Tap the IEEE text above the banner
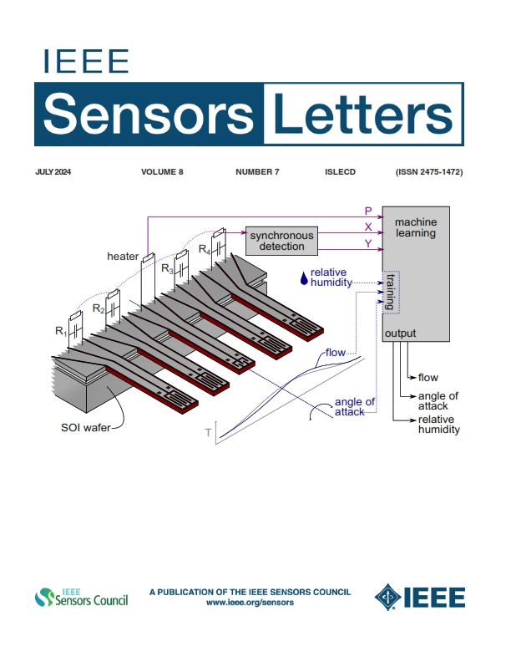pyautogui.click(x=85, y=62)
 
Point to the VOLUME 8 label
pyautogui.click(x=162, y=172)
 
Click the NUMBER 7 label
pyautogui.click(x=257, y=172)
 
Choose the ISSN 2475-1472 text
pyautogui.click(x=429, y=172)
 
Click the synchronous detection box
pyautogui.click(x=282, y=242)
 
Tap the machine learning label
pyautogui.click(x=416, y=228)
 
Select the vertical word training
pyautogui.click(x=390, y=291)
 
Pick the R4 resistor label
pyautogui.click(x=204, y=248)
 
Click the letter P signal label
pyautogui.click(x=368, y=211)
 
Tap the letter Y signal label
pyautogui.click(x=368, y=244)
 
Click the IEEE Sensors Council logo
pyautogui.click(x=81, y=598)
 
